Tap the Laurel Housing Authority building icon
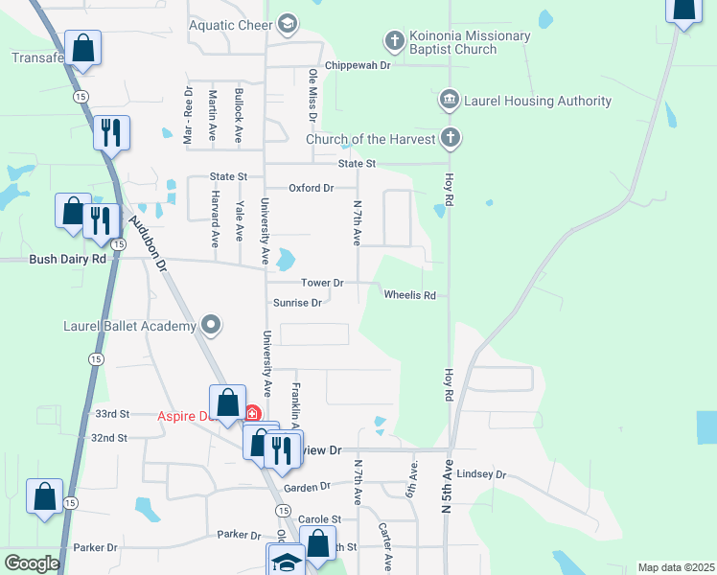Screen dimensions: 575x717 click(x=449, y=101)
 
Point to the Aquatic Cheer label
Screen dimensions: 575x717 click(x=230, y=26)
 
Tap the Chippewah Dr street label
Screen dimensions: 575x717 click(x=358, y=65)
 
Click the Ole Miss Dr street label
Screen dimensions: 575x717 click(x=312, y=95)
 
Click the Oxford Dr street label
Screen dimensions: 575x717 click(x=311, y=188)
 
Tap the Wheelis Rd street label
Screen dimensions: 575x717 click(x=409, y=295)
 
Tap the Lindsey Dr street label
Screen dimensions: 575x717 click(x=481, y=474)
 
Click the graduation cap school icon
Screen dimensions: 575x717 click(x=287, y=561)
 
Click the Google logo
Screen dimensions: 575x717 click(x=32, y=563)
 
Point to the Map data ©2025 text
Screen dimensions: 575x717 click(x=676, y=567)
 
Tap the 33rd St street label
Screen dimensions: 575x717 click(x=112, y=414)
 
